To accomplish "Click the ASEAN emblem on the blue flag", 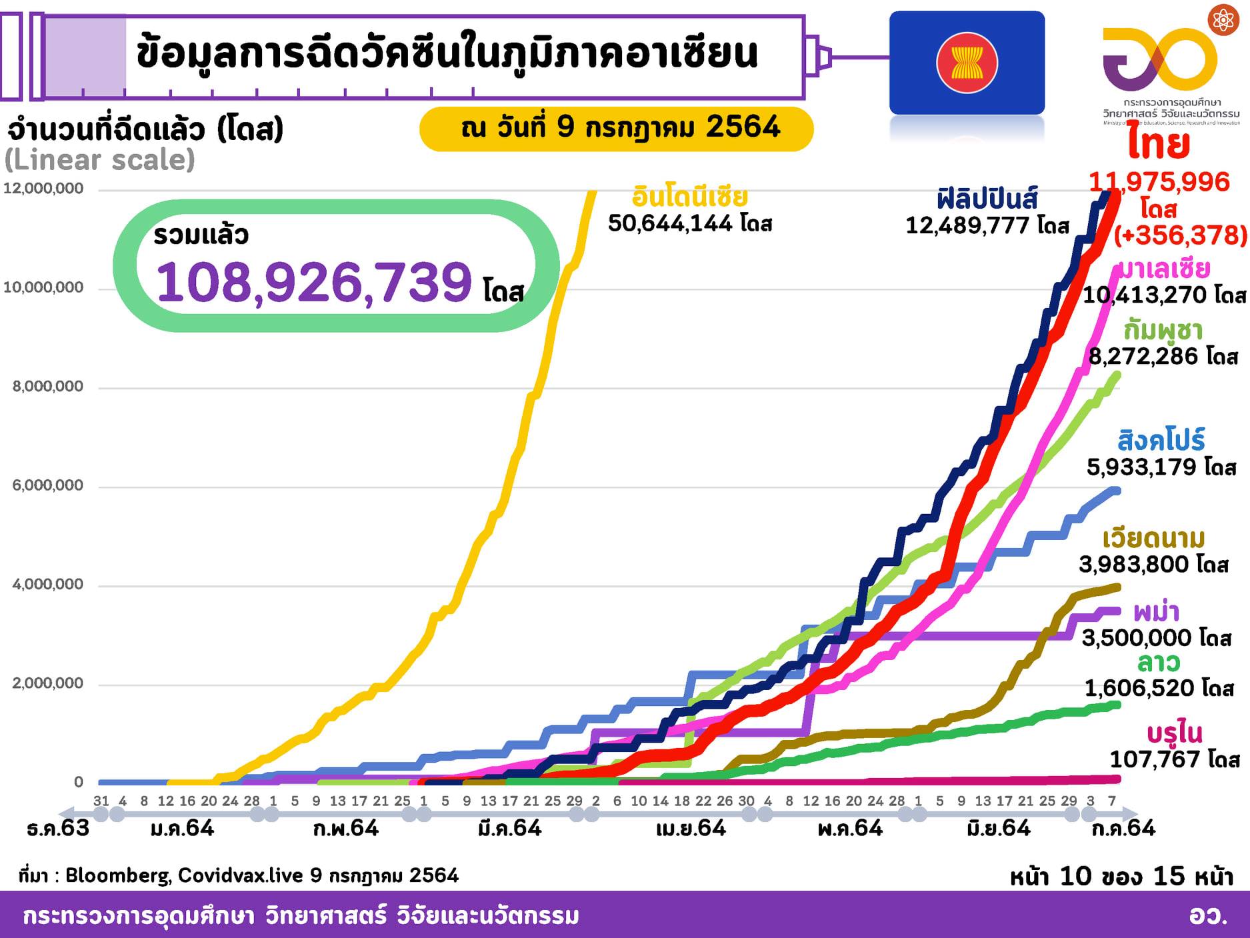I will (967, 63).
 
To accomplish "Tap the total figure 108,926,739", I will (314, 282).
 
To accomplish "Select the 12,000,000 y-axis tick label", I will (44, 189).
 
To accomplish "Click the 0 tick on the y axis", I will (79, 782).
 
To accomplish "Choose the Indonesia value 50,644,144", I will (673, 223).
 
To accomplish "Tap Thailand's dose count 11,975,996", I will (1159, 182).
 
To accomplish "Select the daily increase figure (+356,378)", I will (1180, 235).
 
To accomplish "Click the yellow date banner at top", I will (616, 128).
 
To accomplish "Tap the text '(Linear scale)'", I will (100, 161).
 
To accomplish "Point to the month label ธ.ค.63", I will (58, 829).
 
